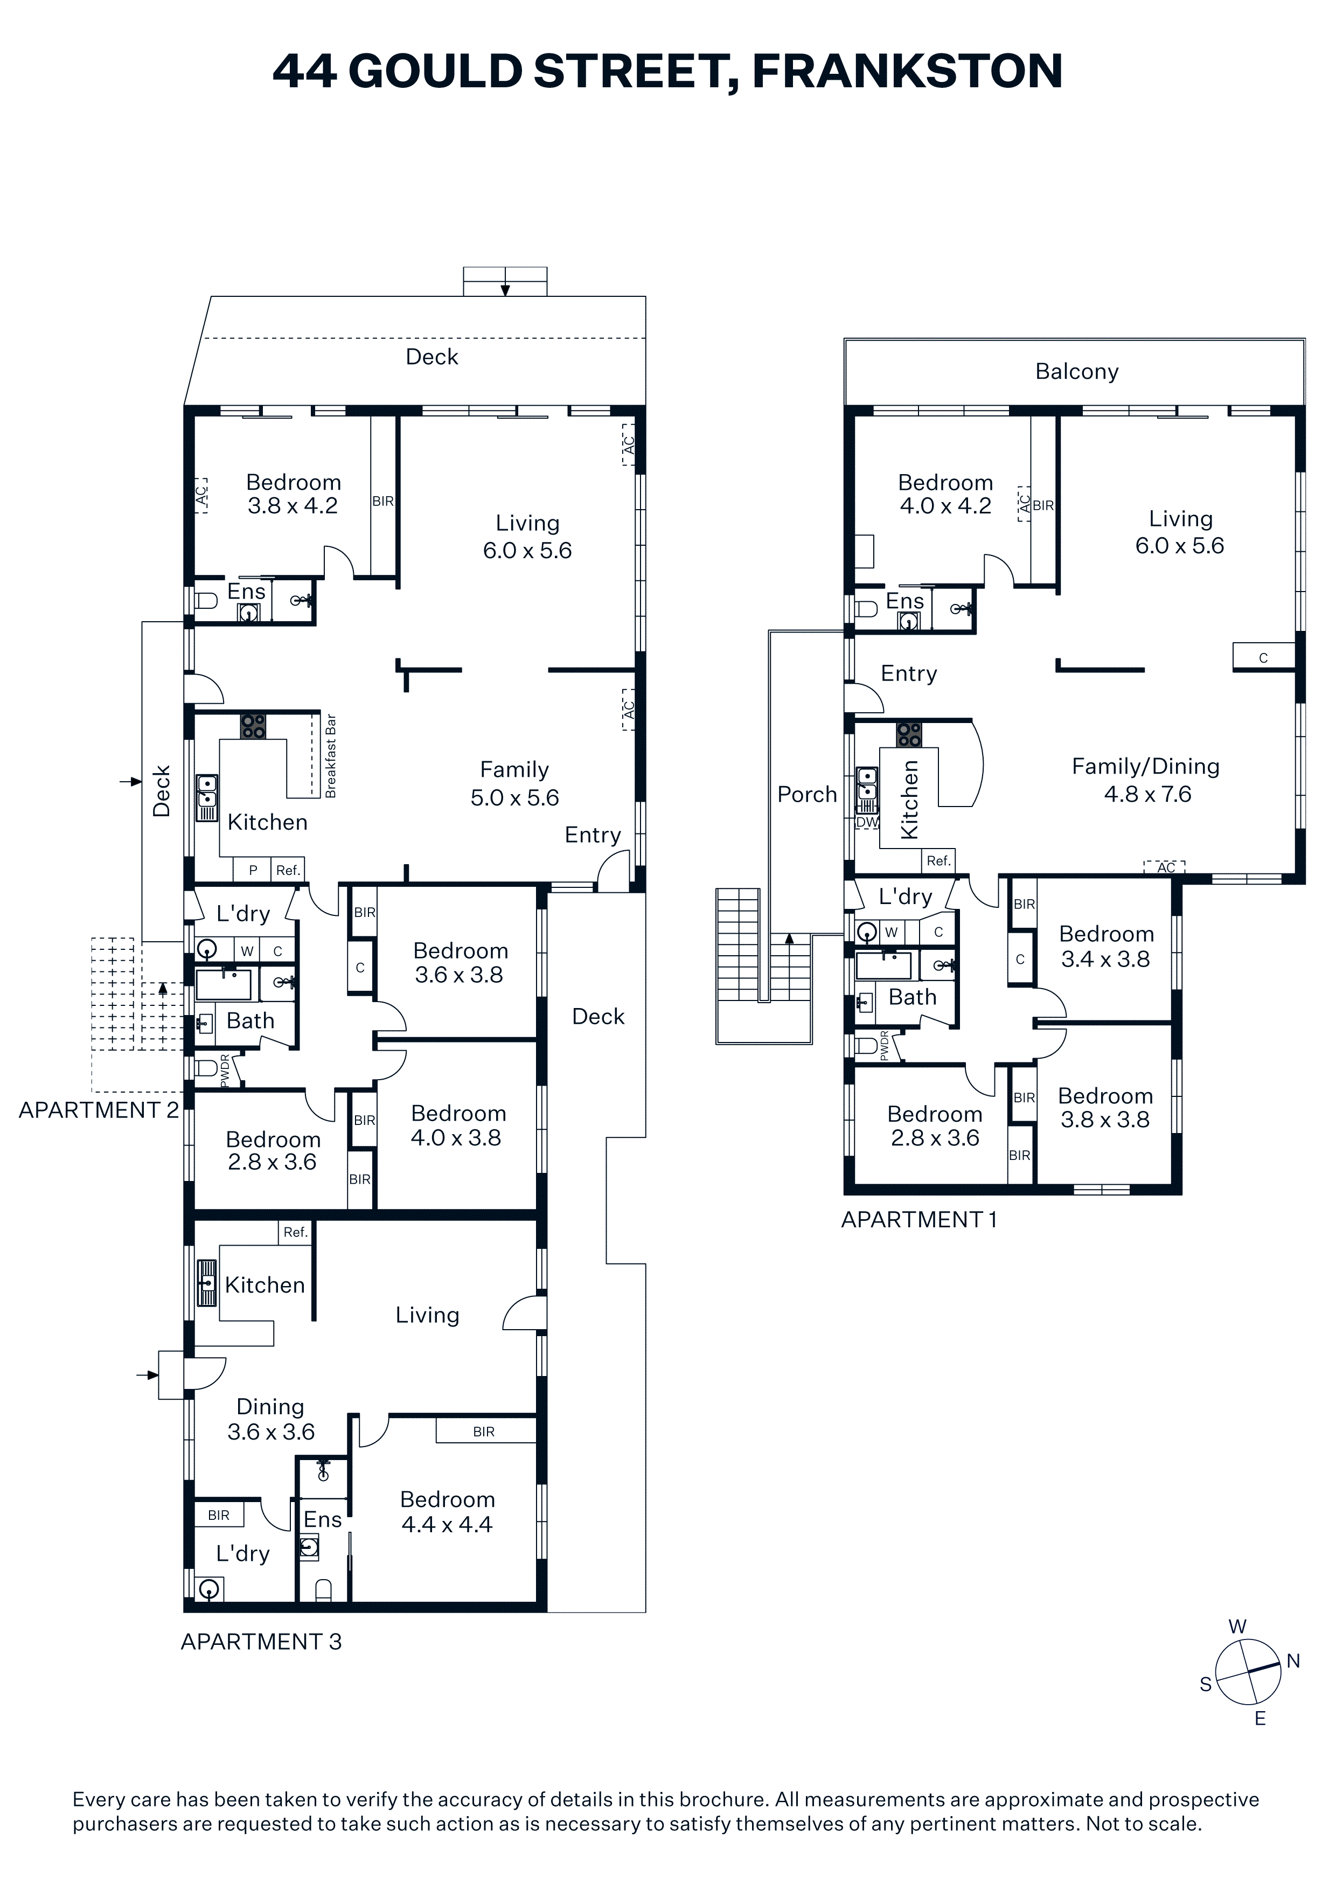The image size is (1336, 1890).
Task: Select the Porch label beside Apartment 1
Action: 806,794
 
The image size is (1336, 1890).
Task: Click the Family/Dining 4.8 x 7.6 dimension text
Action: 1146,780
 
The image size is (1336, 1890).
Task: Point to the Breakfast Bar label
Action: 331,756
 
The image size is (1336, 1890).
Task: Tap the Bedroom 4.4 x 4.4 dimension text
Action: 447,1511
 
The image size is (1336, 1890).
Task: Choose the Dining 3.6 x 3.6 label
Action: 271,1419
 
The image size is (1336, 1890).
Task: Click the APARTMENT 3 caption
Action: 261,1642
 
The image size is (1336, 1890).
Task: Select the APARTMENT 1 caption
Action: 918,1219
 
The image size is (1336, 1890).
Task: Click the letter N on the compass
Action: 1293,1661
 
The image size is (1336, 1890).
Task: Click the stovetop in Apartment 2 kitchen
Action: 253,726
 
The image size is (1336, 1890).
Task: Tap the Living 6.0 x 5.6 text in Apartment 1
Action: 1180,532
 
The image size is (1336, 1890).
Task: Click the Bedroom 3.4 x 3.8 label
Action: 1105,947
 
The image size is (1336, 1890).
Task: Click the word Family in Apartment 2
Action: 514,770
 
